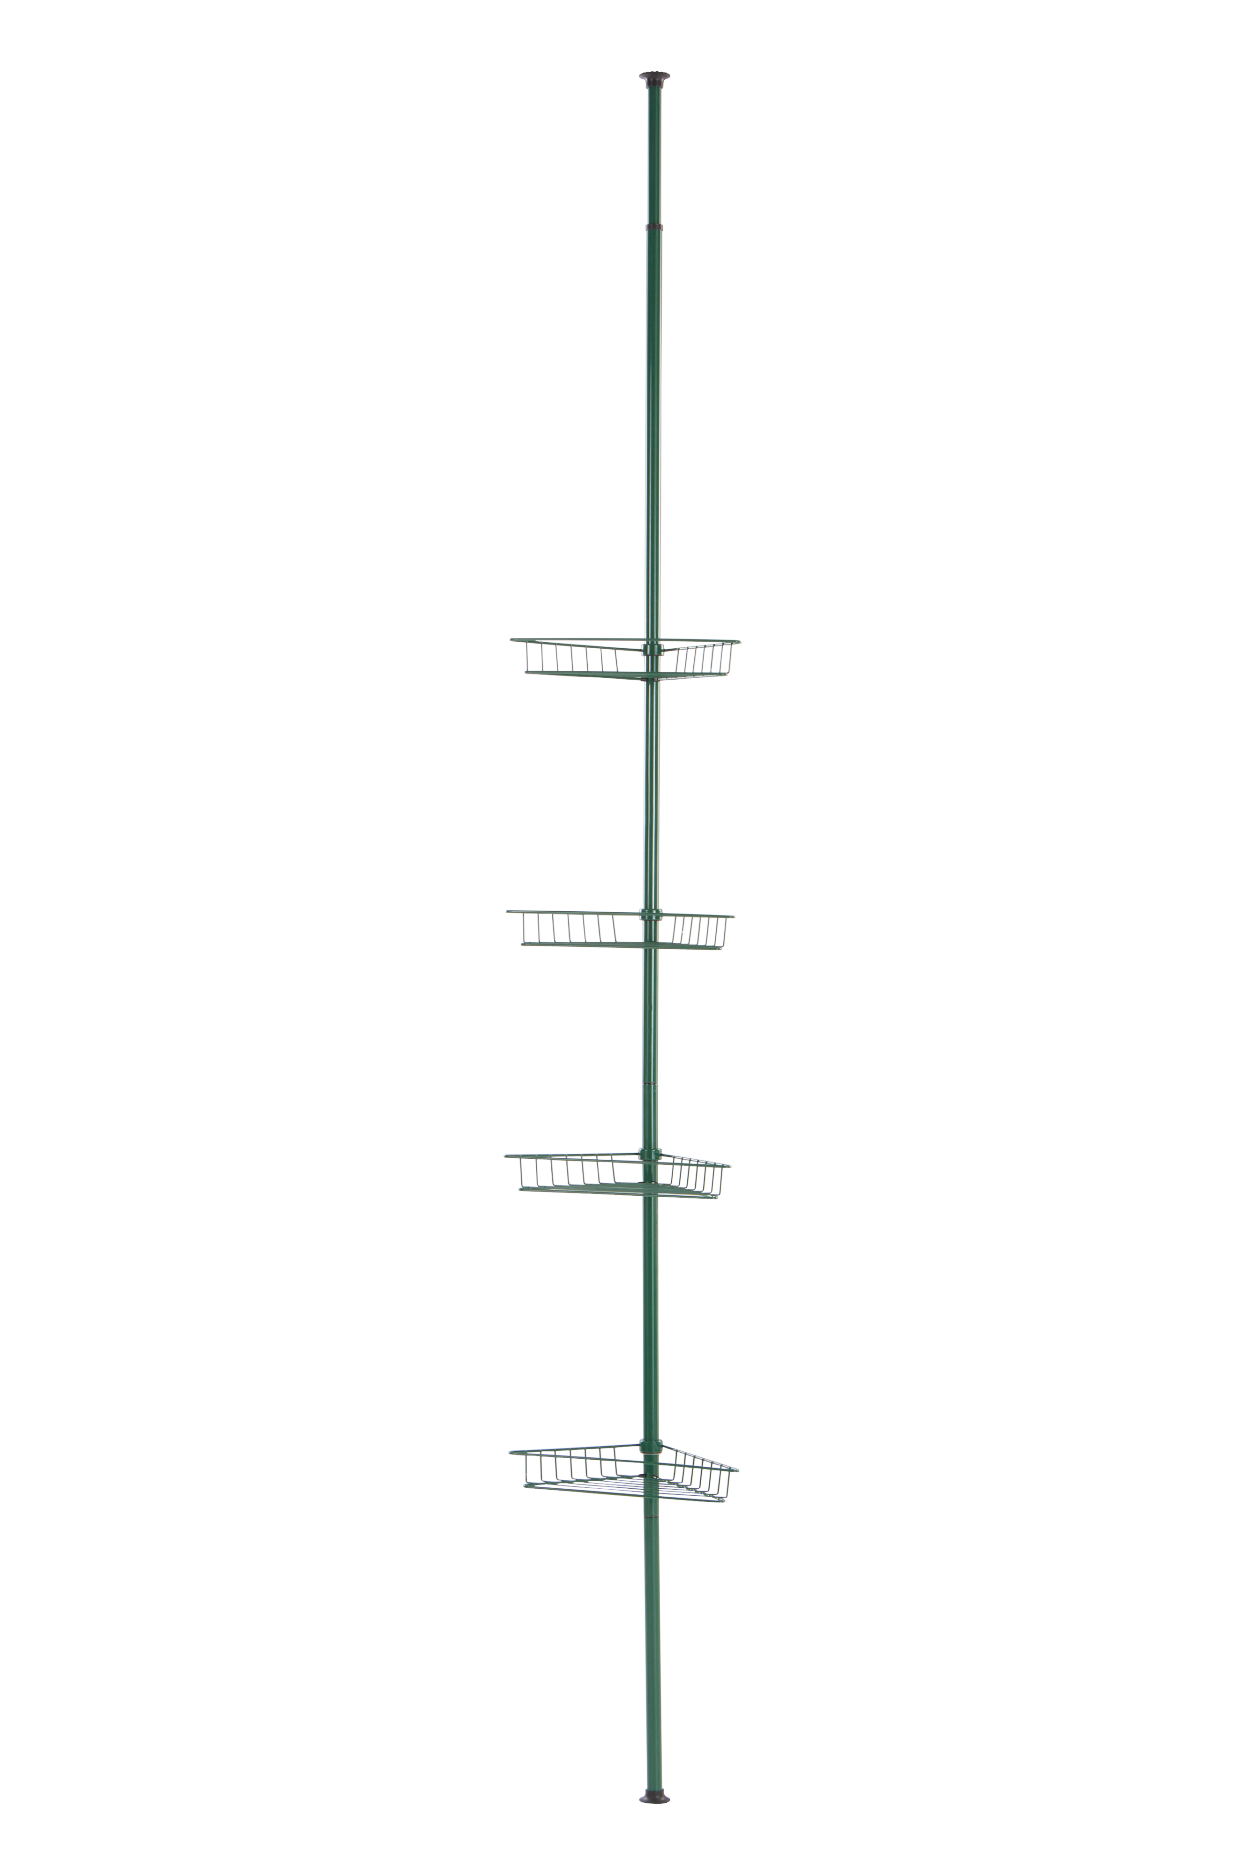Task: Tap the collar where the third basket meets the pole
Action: pyautogui.click(x=650, y=1155)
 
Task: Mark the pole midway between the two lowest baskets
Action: pyautogui.click(x=650, y=1306)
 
